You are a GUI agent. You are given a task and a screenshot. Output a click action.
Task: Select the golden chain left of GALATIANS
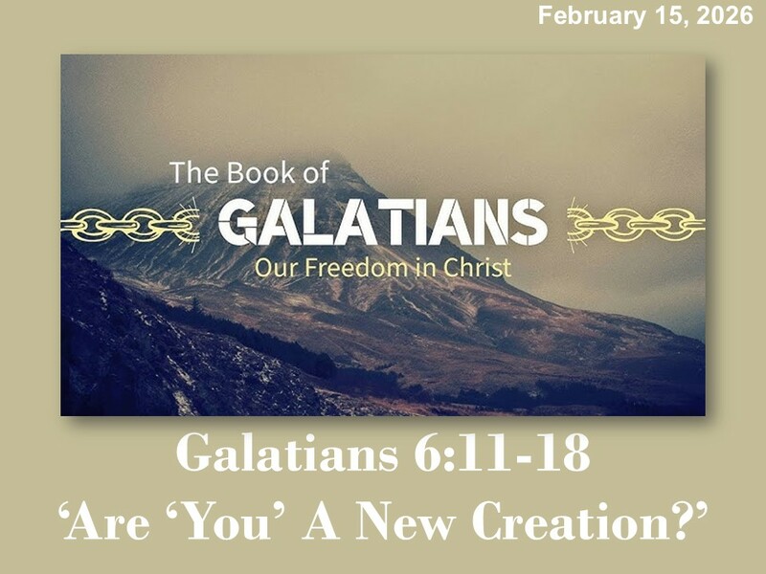pyautogui.click(x=129, y=226)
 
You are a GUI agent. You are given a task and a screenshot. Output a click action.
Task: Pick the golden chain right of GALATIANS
pyautogui.click(x=636, y=226)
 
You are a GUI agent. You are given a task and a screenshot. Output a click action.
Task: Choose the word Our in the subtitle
pyautogui.click(x=272, y=267)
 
